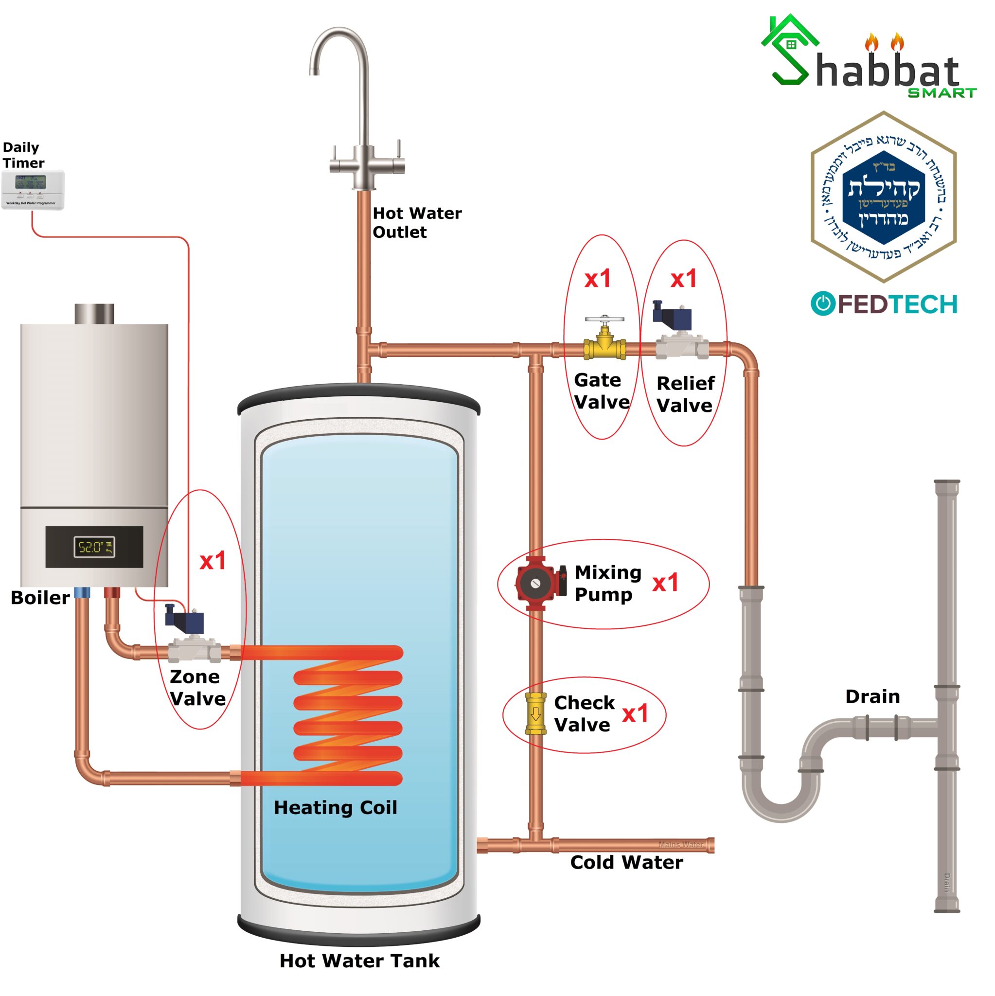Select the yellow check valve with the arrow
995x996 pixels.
[535, 713]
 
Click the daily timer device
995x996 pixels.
[33, 189]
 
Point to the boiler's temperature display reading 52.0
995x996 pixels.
[94, 547]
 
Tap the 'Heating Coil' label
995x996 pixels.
[335, 807]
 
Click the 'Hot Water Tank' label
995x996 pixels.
[359, 960]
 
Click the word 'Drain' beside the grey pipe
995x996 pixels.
[872, 696]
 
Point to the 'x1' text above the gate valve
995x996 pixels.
[598, 279]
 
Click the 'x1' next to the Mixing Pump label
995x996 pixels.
[665, 583]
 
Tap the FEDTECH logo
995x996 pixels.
[884, 303]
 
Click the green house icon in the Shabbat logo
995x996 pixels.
[789, 41]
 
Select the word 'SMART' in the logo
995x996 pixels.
[942, 93]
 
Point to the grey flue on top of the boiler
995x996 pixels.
[94, 314]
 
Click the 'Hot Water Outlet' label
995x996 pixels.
[417, 223]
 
